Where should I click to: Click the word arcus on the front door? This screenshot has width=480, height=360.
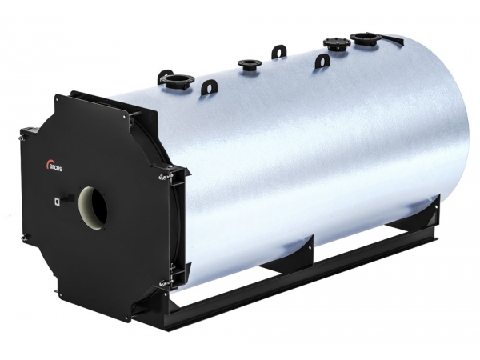pyautogui.click(x=56, y=168)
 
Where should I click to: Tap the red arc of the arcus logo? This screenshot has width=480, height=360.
pyautogui.click(x=48, y=163)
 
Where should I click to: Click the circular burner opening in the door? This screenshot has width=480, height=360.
pyautogui.click(x=93, y=207)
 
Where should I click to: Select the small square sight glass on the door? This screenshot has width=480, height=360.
pyautogui.click(x=57, y=201)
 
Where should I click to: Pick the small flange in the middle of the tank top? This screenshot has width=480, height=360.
pyautogui.click(x=249, y=64)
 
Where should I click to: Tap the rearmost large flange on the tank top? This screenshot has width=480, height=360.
pyautogui.click(x=366, y=39)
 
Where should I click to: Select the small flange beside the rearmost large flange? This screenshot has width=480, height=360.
pyautogui.click(x=337, y=43)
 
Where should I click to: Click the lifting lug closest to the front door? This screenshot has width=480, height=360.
pyautogui.click(x=209, y=87)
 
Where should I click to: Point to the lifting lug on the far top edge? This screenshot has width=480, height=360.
pyautogui.click(x=278, y=51)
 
